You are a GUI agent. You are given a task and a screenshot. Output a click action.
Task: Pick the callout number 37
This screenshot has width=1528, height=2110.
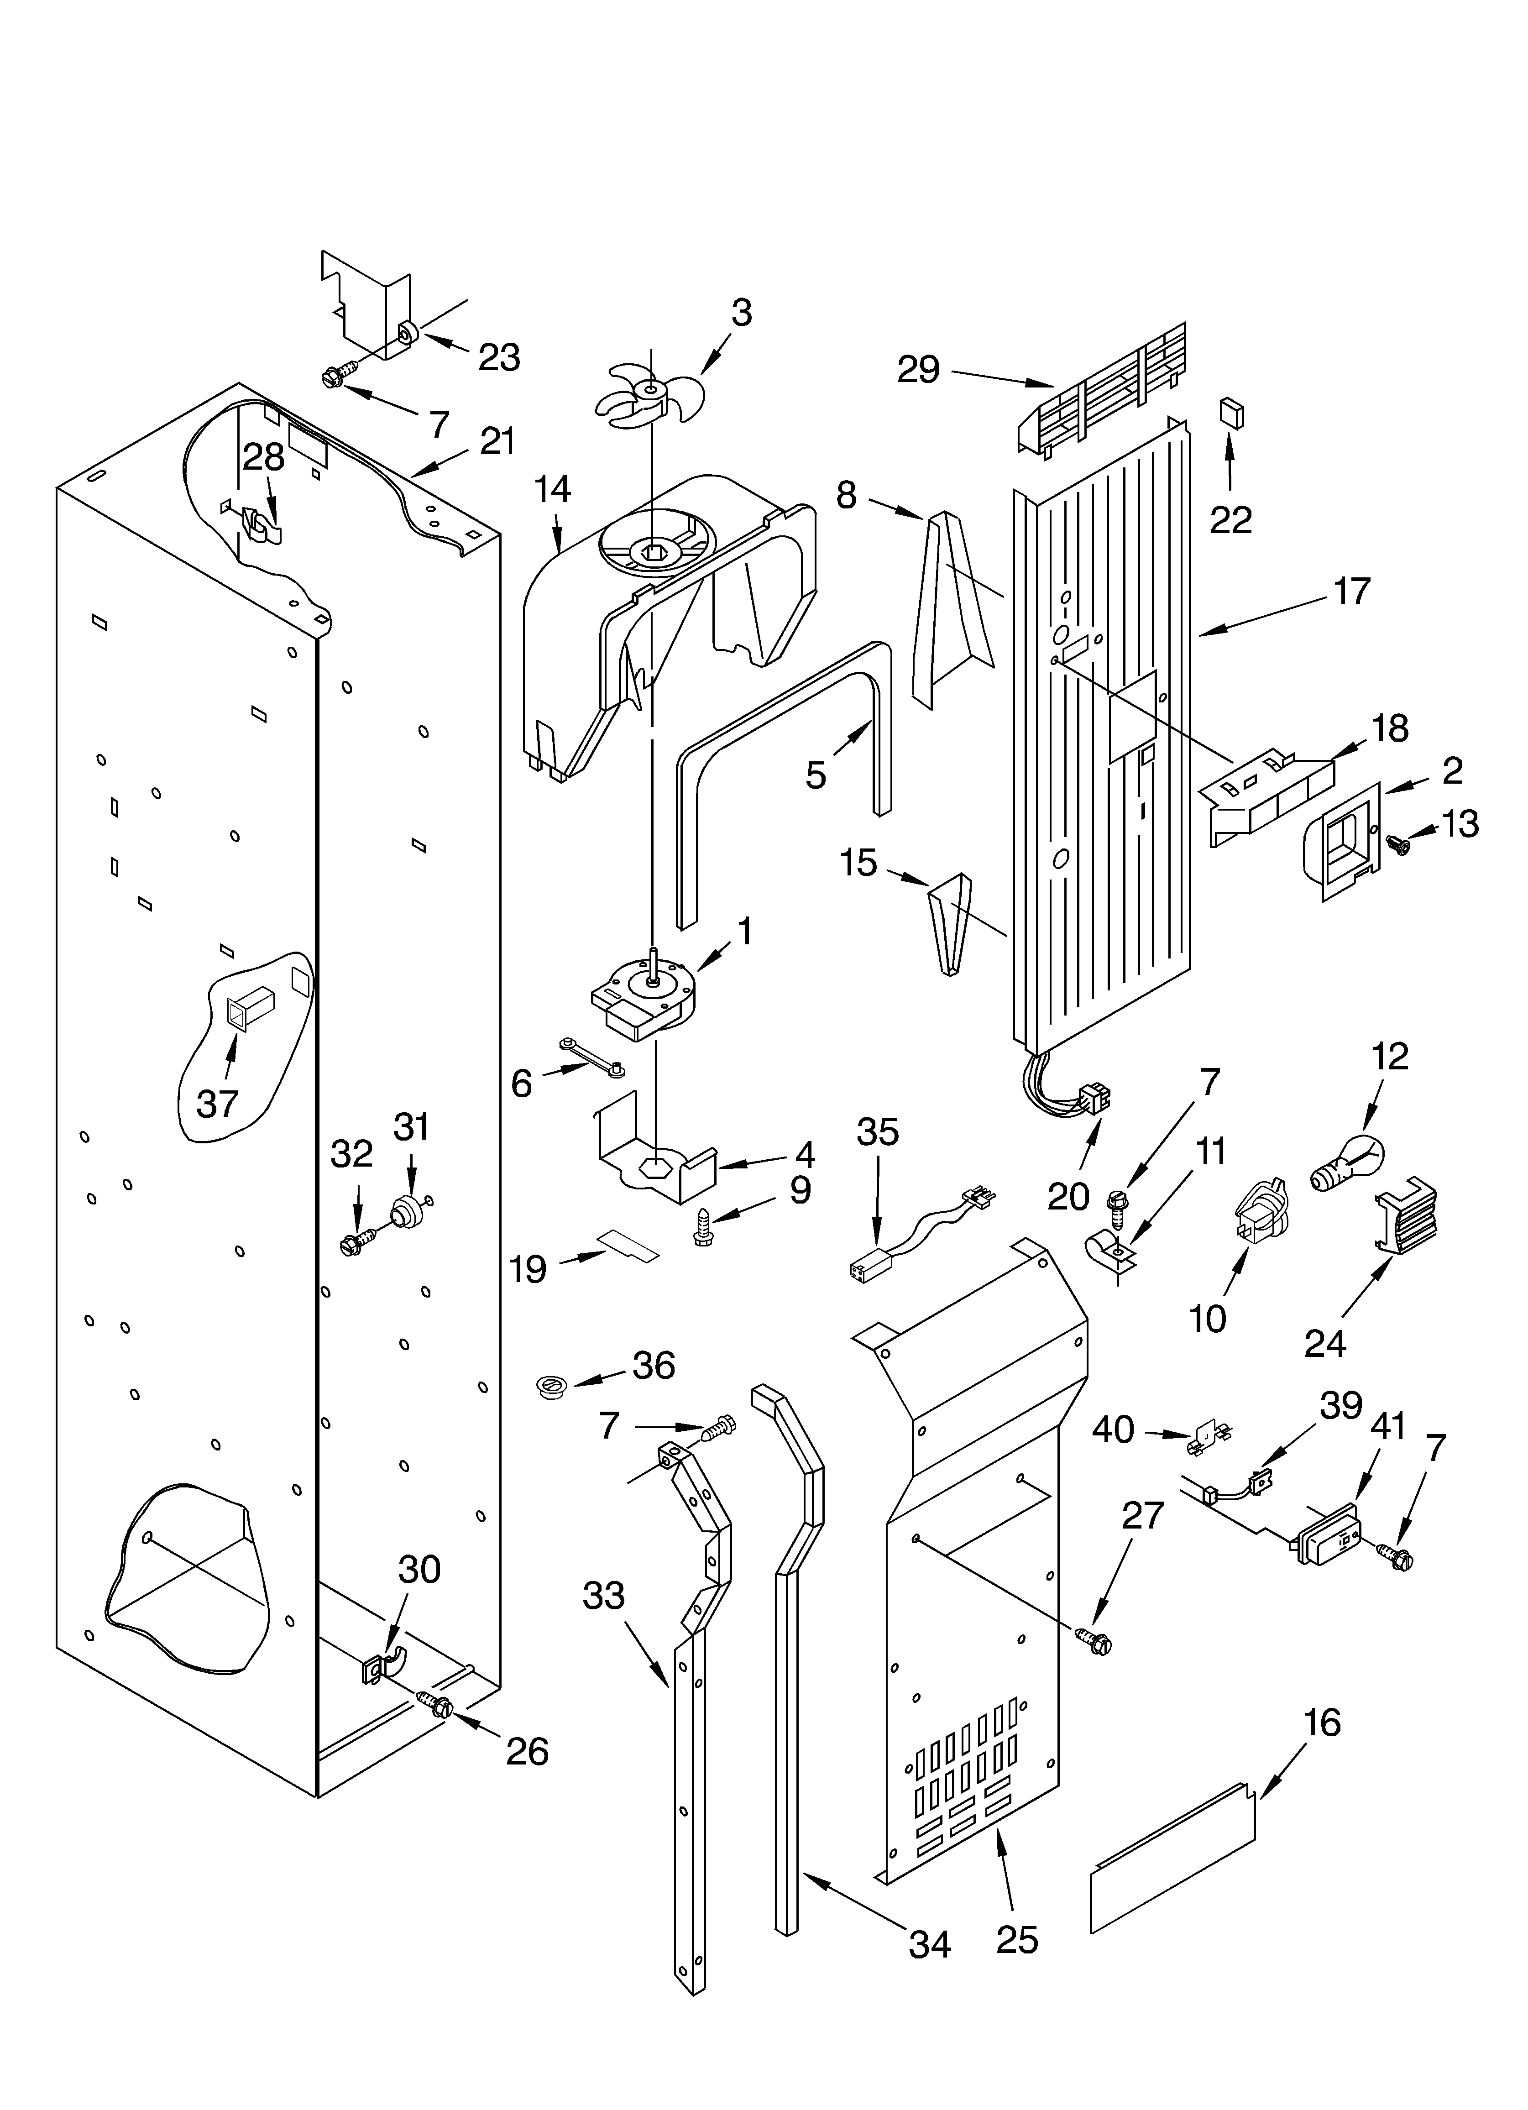218,1103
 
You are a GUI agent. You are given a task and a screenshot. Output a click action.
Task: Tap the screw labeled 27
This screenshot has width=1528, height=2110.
1094,1640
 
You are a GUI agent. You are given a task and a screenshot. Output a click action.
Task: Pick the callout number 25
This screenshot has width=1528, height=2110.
1016,1940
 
